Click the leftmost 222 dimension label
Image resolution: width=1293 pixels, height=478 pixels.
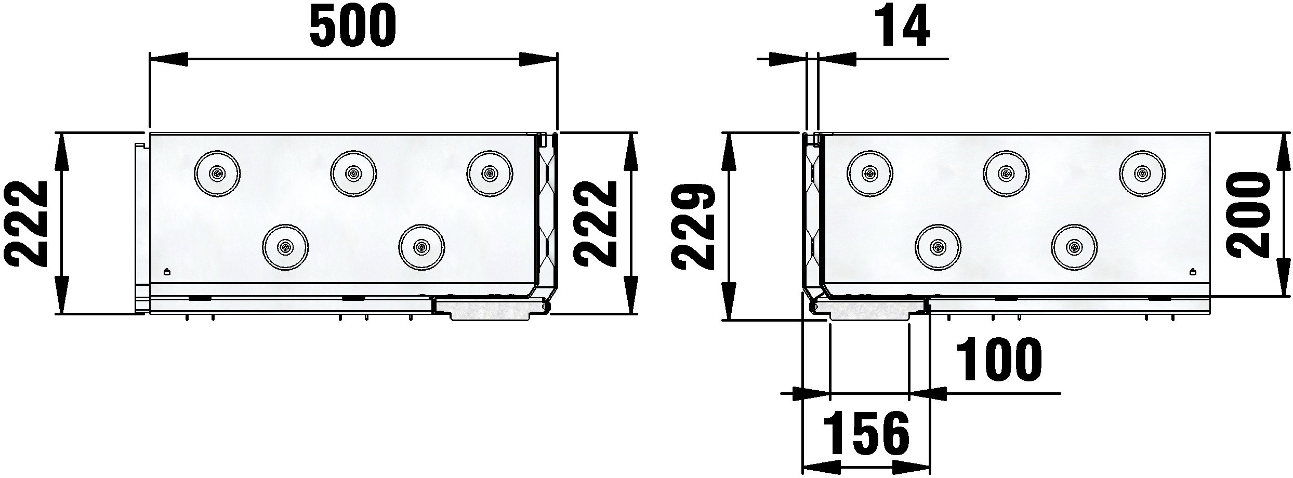[x=25, y=224]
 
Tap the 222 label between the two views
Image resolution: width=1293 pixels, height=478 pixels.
[x=595, y=224]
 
